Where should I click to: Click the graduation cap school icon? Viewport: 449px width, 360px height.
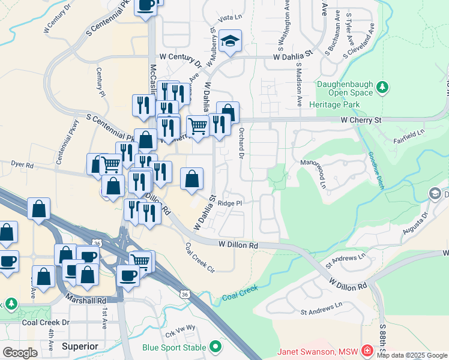(x=230, y=41)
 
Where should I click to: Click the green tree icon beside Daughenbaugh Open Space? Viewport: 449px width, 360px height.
(x=382, y=89)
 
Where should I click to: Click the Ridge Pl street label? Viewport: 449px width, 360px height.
(x=230, y=203)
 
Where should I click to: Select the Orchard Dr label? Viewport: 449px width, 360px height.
(x=241, y=143)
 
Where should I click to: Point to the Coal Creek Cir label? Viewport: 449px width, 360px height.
(x=199, y=257)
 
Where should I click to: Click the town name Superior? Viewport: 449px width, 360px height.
(x=80, y=346)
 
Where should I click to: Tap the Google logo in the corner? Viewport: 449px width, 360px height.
(x=20, y=352)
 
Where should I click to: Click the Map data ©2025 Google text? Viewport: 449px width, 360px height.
(x=412, y=355)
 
